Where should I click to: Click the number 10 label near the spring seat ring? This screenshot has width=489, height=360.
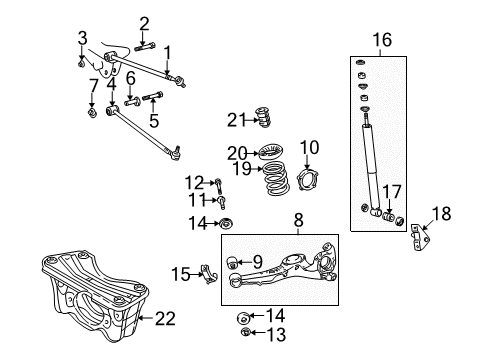pos(309,147)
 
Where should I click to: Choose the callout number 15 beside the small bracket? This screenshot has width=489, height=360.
pos(181,273)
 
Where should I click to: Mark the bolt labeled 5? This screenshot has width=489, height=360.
pos(155,98)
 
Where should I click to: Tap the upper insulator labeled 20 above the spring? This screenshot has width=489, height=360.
pos(269,154)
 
